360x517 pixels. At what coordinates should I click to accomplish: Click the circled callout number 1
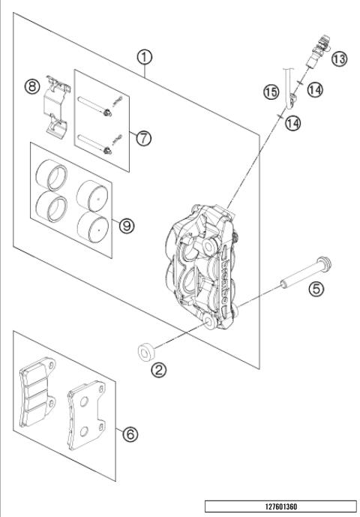point(143,56)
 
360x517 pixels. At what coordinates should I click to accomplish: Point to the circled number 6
point(130,434)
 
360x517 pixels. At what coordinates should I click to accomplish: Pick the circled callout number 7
point(143,137)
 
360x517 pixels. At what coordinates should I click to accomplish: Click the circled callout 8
point(31,86)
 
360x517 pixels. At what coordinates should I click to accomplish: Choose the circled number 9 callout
point(127,223)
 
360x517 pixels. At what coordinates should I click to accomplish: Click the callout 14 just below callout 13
point(315,89)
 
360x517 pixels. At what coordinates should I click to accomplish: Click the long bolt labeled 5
point(304,273)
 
